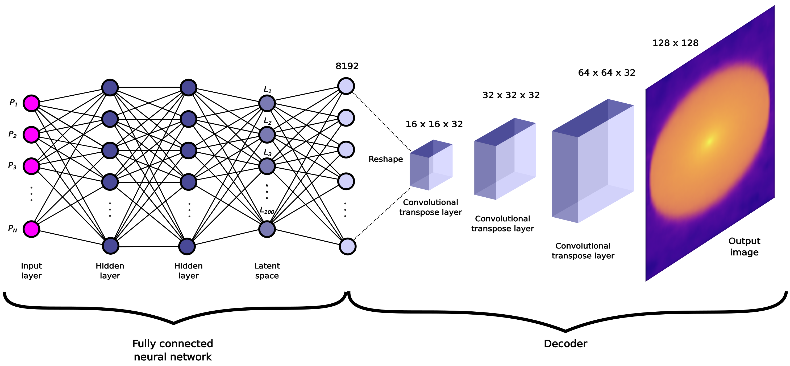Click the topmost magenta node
[31, 103]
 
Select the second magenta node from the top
[31, 135]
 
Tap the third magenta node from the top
[31, 166]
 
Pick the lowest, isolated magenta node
[31, 229]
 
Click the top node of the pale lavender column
[346, 86]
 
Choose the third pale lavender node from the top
[346, 149]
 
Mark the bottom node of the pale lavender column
[347, 246]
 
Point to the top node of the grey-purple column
[267, 103]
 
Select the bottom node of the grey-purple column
[267, 229]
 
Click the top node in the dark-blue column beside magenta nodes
[110, 88]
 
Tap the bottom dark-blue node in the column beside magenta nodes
[110, 246]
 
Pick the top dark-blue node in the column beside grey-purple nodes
[188, 88]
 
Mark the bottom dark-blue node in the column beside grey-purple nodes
[187, 246]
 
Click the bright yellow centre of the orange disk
[709, 141]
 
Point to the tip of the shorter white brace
[174, 321]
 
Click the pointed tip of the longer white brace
[565, 329]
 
